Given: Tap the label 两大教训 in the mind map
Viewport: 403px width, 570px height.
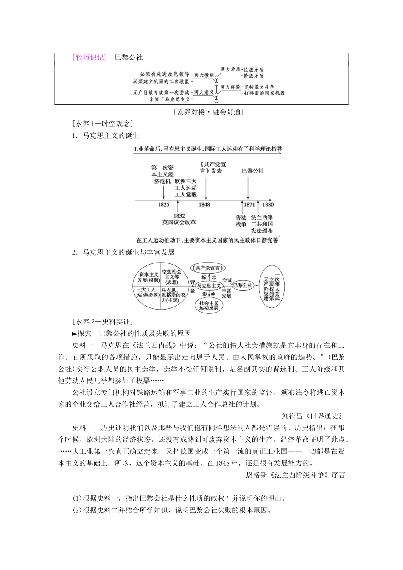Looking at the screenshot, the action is (x=204, y=75).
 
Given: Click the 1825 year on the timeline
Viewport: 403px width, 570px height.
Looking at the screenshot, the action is (x=163, y=204).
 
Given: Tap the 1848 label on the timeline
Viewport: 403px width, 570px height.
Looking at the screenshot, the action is (x=204, y=204).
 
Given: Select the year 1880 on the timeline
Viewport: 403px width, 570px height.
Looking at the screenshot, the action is (x=268, y=204).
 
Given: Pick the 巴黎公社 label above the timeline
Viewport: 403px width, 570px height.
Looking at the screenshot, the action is (x=252, y=171).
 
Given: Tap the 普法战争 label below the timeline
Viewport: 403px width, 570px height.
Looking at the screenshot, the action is (x=241, y=221).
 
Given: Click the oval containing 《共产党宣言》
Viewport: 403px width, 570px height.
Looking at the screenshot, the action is (x=208, y=268).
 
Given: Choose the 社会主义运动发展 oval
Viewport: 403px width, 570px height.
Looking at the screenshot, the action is (x=209, y=305).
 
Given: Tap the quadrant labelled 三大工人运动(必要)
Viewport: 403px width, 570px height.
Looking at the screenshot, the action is (x=145, y=293).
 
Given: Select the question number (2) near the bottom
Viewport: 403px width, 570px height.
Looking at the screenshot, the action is (x=78, y=510).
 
